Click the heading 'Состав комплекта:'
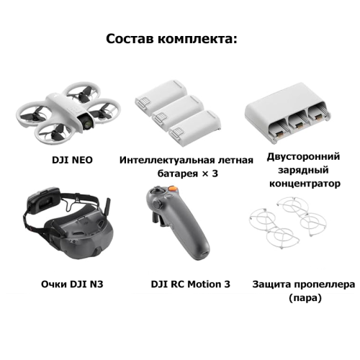tap(171, 39)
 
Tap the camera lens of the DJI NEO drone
tap(89, 122)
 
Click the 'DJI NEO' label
tap(72, 160)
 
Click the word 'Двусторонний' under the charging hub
tap(303, 157)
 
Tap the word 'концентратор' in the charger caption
tap(305, 184)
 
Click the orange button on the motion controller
tap(172, 189)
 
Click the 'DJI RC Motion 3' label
tap(190, 284)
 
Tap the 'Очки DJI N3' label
tap(72, 284)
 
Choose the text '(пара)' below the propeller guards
tap(305, 298)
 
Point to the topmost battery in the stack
tap(161, 95)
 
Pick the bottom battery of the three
tap(195, 125)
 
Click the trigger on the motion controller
tap(156, 218)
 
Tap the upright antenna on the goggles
tap(107, 207)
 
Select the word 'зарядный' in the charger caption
tap(303, 171)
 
